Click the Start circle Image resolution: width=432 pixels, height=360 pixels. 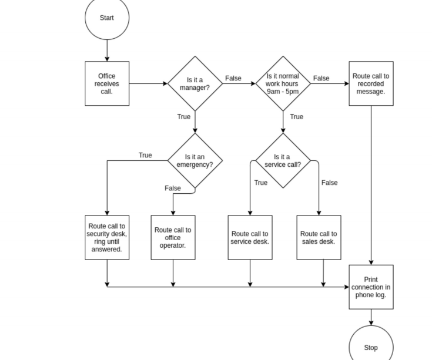click(x=107, y=18)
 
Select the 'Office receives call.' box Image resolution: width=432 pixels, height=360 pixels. click(x=107, y=83)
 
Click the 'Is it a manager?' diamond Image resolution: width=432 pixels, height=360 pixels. click(x=195, y=83)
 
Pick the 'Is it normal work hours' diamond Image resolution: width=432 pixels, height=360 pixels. click(x=283, y=83)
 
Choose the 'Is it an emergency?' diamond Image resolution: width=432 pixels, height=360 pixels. click(x=195, y=160)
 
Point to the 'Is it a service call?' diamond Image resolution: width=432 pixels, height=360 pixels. click(x=283, y=160)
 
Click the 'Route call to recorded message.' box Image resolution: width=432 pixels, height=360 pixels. click(x=371, y=83)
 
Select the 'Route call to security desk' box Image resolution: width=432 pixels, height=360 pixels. click(x=107, y=237)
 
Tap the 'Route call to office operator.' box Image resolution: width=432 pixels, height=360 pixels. click(x=173, y=237)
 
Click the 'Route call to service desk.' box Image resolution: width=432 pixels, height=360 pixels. click(x=250, y=237)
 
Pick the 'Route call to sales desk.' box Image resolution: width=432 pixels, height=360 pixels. click(x=319, y=237)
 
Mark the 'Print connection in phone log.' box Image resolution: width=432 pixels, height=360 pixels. click(x=371, y=287)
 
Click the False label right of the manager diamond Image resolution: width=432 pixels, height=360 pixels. click(x=233, y=78)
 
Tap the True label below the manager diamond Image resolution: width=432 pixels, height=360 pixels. click(x=184, y=117)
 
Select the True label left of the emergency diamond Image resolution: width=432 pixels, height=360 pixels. click(x=145, y=155)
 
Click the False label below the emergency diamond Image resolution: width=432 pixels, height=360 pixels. click(x=173, y=188)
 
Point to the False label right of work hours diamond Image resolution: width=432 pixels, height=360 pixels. click(x=321, y=78)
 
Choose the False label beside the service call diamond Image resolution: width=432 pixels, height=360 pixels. click(x=330, y=183)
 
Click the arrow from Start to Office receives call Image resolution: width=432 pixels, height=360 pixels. click(x=107, y=51)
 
